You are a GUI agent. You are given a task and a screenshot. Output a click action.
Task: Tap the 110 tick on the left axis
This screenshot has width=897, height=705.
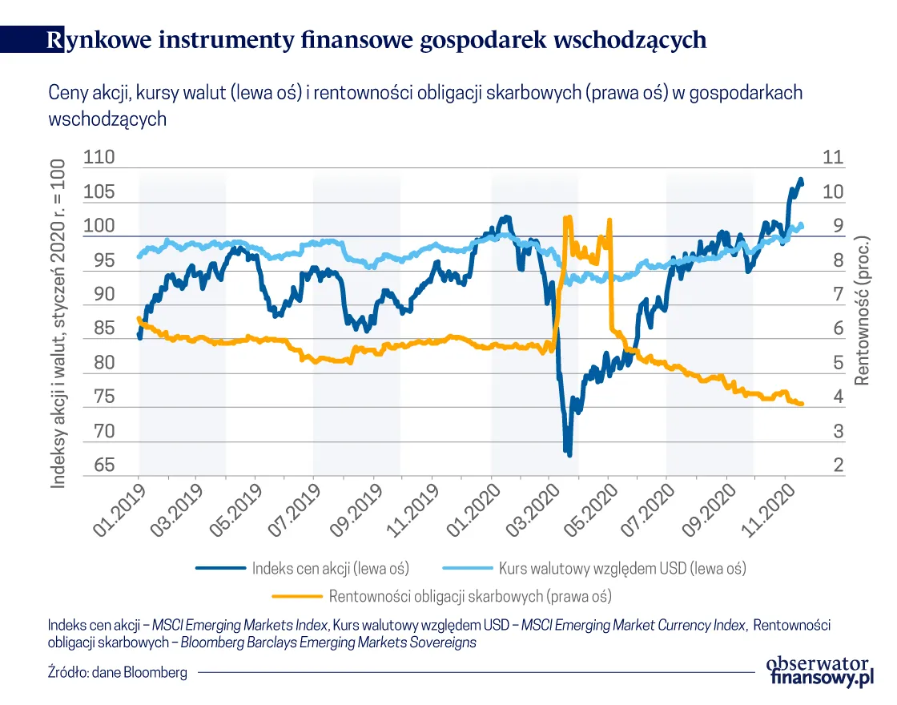coord(99,157)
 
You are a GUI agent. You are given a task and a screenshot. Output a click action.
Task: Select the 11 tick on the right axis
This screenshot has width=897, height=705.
coord(833,157)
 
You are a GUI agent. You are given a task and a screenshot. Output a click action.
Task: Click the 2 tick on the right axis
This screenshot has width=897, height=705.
coord(838,465)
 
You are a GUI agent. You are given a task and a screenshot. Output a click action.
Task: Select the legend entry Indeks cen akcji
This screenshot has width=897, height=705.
coord(330,568)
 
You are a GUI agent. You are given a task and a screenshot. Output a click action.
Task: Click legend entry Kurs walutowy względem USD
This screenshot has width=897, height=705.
coord(621,568)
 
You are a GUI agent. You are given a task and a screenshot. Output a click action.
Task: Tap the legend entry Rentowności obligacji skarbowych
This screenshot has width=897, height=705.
coord(470,596)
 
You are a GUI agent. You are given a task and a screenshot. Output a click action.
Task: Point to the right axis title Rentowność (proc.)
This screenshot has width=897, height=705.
coord(863,311)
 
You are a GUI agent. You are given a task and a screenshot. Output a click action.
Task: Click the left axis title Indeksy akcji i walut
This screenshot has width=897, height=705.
coord(58,320)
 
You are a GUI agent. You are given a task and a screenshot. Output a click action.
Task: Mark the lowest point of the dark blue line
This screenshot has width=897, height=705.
coord(569,454)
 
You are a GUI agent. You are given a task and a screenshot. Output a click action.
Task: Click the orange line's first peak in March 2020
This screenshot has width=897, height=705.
coord(568,217)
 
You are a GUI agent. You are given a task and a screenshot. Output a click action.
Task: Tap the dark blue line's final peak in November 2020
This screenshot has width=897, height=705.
coord(800,179)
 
